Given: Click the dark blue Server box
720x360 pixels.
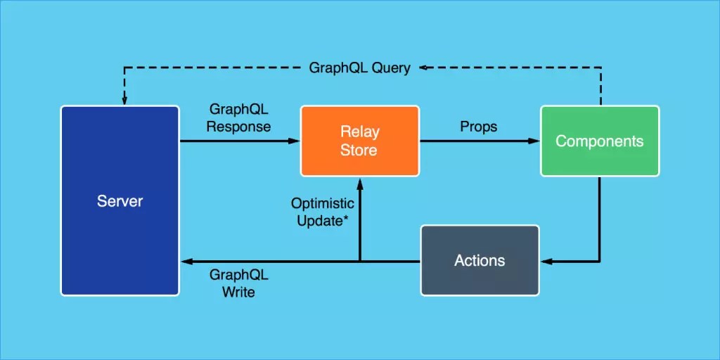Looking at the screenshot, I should (x=120, y=200).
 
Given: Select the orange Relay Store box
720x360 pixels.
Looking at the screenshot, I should (x=359, y=141).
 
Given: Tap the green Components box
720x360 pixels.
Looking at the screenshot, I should (x=599, y=141).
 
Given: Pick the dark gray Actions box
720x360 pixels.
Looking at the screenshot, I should (x=480, y=260).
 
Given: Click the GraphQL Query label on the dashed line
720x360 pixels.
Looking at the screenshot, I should (x=359, y=68).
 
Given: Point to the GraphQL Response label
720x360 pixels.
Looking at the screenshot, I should (x=240, y=118).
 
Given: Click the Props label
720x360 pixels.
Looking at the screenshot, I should (x=478, y=127).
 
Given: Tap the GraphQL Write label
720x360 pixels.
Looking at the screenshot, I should (x=239, y=283).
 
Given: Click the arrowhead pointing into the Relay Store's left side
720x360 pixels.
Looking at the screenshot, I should (x=295, y=141).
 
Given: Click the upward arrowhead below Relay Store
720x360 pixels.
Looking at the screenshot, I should (x=360, y=182).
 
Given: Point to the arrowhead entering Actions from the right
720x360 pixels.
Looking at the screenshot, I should (x=546, y=262).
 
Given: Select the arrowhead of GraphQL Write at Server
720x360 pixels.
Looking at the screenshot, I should (x=186, y=262).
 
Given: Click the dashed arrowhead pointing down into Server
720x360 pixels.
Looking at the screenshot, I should (x=124, y=101).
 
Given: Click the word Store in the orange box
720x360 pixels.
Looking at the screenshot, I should (x=359, y=150).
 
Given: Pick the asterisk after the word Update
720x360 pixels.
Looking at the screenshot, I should (x=347, y=219).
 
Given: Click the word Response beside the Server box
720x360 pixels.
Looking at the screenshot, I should (x=240, y=127).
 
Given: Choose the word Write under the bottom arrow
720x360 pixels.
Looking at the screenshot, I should (x=239, y=291).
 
